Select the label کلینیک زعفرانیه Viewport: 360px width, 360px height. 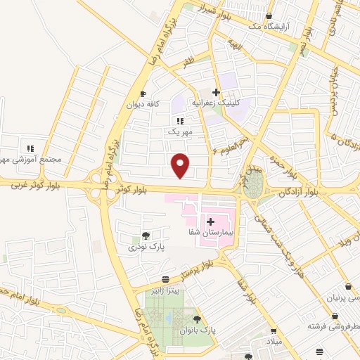235,102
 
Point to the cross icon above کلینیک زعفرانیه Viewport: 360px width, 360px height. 217,92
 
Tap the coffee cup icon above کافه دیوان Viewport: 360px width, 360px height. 143,94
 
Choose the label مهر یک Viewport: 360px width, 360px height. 180,131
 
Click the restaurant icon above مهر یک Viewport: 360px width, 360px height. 180,121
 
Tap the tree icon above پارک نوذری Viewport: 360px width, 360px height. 146,236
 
